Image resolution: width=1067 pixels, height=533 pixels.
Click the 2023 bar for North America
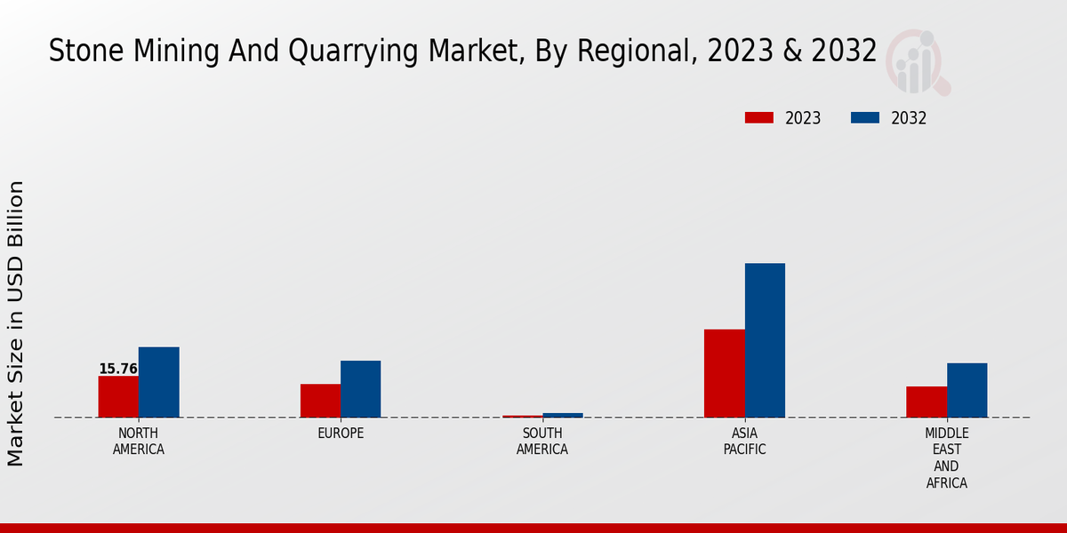(118, 396)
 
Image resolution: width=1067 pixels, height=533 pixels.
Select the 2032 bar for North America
(158, 382)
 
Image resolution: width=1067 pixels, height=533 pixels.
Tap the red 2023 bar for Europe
(320, 401)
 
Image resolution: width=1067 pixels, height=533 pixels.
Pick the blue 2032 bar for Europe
(360, 389)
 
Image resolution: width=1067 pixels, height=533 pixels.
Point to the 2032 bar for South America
(563, 415)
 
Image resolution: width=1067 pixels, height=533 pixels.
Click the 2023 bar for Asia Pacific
(724, 373)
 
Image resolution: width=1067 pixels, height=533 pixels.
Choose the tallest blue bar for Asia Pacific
(765, 340)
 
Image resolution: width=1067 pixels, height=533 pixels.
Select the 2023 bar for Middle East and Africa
(927, 402)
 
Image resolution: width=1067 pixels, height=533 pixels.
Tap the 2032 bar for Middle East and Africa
(967, 390)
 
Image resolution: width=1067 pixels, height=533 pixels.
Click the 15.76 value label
(117, 369)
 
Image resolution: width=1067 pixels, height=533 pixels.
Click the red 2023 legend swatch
(759, 118)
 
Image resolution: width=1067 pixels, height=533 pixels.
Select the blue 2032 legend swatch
(865, 118)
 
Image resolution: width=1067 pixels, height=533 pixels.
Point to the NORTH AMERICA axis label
(139, 441)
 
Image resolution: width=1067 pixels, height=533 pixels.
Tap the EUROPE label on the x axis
(341, 434)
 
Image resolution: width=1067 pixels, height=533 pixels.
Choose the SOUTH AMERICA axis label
(542, 441)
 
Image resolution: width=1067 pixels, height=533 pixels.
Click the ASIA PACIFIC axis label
(744, 441)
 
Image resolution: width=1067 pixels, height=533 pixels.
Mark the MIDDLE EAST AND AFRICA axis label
(946, 457)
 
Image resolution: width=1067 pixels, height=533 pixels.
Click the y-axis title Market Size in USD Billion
(16, 323)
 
